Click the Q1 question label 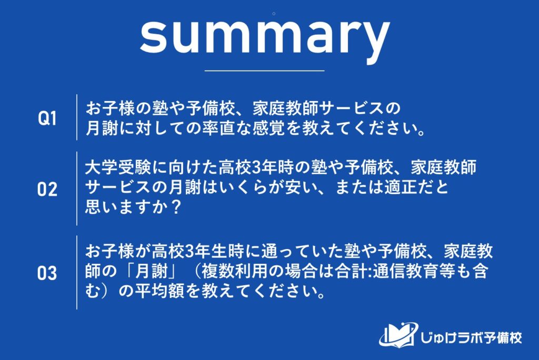point(47,118)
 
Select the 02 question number point(47,189)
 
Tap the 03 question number point(47,274)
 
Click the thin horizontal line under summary point(264,70)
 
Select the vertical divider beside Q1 point(77,117)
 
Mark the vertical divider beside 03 point(77,272)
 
